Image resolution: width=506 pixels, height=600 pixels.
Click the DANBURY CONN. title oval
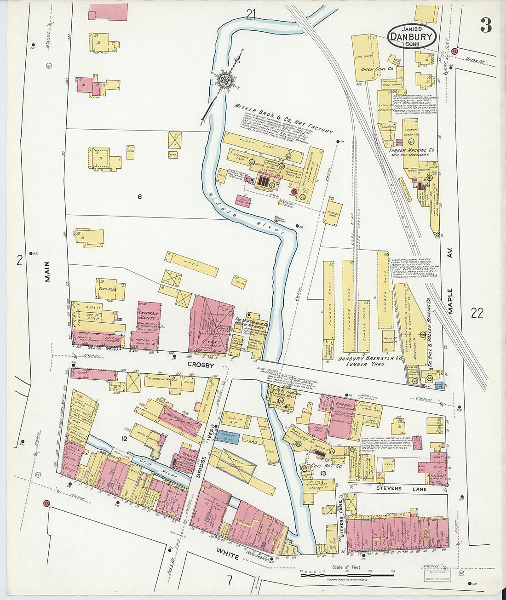point(412,36)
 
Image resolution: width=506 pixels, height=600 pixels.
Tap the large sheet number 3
point(486,25)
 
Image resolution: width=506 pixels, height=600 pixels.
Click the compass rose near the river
point(225,80)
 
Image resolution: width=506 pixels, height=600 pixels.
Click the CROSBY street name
point(201,364)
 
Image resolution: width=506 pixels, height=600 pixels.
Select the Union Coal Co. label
point(376,69)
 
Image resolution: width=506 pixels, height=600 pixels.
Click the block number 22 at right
point(477,314)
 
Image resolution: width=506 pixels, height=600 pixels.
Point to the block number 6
point(139,197)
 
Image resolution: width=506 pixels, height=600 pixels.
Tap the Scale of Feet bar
point(347,573)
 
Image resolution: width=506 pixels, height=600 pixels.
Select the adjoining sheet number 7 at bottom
point(229,580)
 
